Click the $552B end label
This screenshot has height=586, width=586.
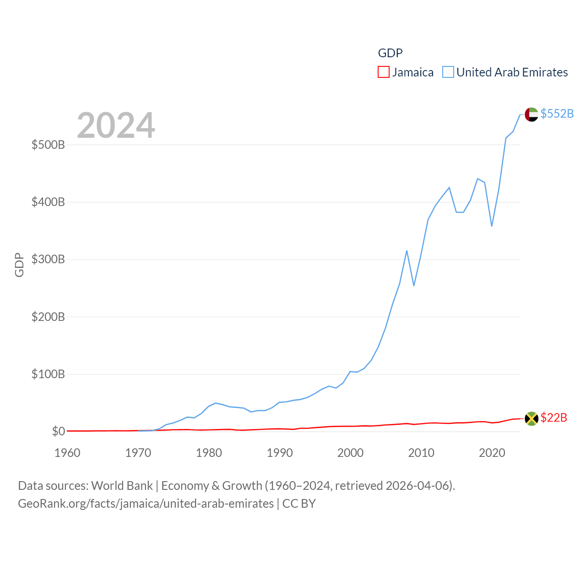coord(557,114)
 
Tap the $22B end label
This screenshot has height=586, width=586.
coord(553,418)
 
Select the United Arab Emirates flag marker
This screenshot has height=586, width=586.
coord(532,114)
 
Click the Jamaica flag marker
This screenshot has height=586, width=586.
coord(532,418)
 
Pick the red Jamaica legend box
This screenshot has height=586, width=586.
coord(384,72)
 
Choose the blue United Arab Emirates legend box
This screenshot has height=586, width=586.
coord(448,72)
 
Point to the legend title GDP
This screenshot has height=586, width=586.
coord(390,53)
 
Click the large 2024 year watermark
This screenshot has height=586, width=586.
coord(116,125)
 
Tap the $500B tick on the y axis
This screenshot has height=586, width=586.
coord(48,145)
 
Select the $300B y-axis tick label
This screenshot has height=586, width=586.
coord(48,260)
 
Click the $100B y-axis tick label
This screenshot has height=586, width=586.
coord(48,374)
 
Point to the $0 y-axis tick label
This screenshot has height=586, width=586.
coord(58,431)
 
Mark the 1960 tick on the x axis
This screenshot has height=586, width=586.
coord(67,453)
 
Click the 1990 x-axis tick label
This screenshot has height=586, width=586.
coord(280,453)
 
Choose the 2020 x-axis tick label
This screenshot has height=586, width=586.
coord(492,453)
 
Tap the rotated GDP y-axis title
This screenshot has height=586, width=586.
coord(19,265)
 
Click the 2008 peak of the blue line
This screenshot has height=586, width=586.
coord(407,251)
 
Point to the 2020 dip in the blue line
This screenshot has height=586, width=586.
coord(492,226)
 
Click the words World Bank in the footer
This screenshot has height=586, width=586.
coord(122,485)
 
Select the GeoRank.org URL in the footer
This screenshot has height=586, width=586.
coord(146,504)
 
